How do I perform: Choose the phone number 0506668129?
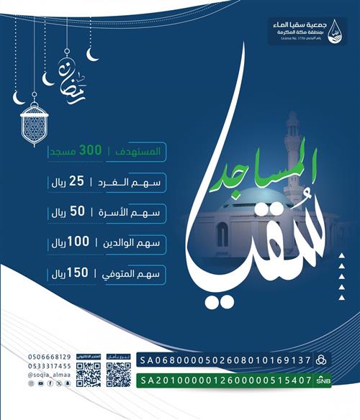pyautogui.click(x=50, y=357)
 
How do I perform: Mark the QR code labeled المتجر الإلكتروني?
pyautogui.click(x=87, y=375)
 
